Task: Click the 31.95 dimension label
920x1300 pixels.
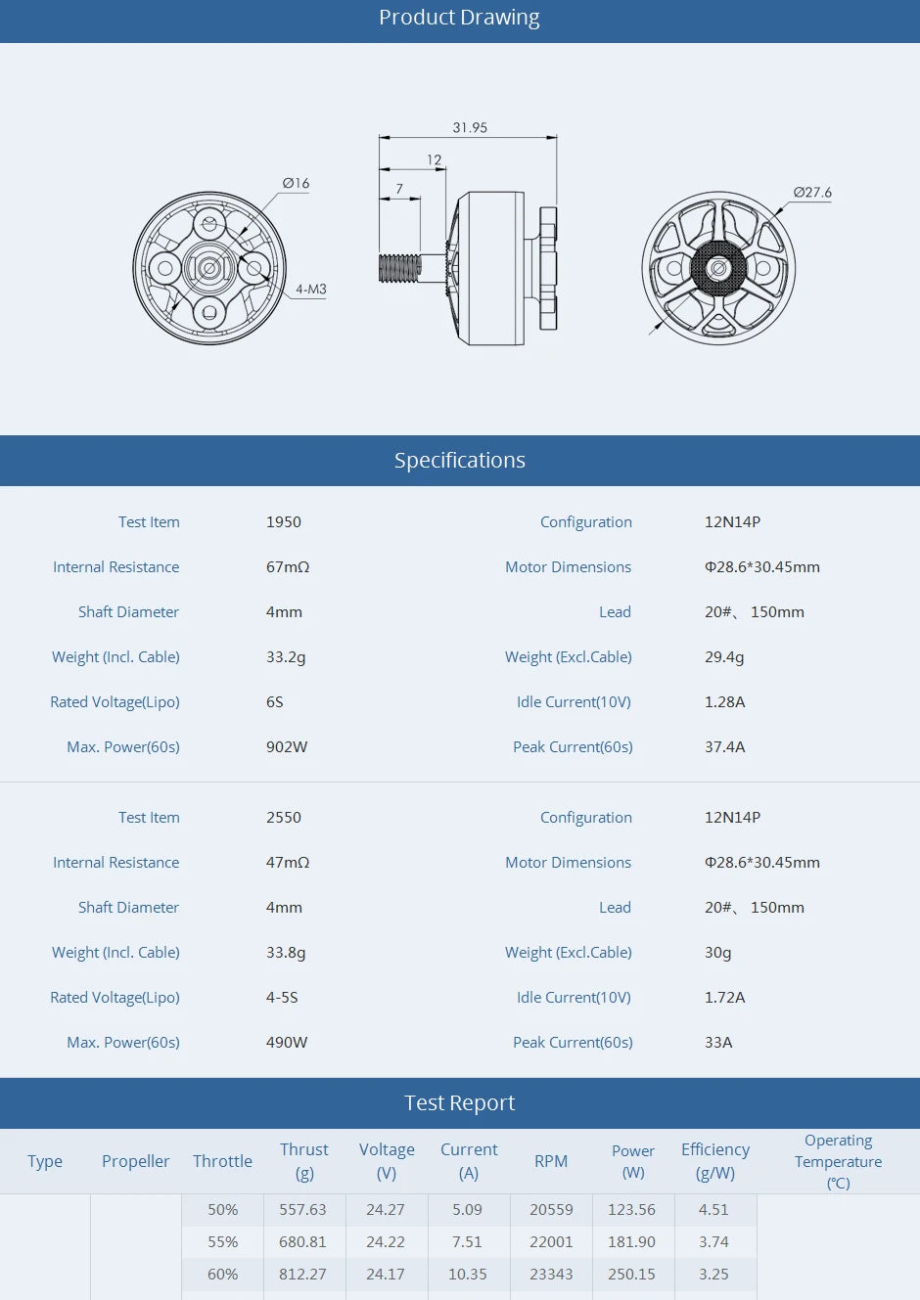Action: click(x=470, y=128)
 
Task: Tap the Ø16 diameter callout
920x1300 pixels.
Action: click(x=296, y=183)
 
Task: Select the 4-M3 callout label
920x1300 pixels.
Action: click(x=311, y=290)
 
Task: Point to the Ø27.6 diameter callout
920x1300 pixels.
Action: click(x=812, y=193)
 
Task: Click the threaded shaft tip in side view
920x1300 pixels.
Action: click(x=399, y=268)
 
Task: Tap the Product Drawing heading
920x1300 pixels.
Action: click(x=459, y=18)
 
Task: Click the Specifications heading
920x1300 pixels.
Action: click(x=459, y=461)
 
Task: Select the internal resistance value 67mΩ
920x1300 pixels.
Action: click(x=288, y=567)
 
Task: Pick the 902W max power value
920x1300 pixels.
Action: click(x=287, y=747)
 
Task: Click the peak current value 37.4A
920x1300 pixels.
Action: click(x=725, y=747)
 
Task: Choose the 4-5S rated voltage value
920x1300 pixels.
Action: click(x=282, y=998)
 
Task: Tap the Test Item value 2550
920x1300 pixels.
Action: click(x=284, y=818)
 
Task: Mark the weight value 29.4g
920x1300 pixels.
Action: click(x=724, y=657)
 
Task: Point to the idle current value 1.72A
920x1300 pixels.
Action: click(x=725, y=998)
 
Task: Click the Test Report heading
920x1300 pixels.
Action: click(x=459, y=1103)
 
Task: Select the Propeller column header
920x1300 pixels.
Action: click(x=136, y=1161)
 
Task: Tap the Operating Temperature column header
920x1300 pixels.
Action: click(x=838, y=1161)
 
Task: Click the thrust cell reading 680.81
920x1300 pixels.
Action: click(x=302, y=1242)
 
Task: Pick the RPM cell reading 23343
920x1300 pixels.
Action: click(x=551, y=1275)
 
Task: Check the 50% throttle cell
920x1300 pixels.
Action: click(x=223, y=1210)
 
